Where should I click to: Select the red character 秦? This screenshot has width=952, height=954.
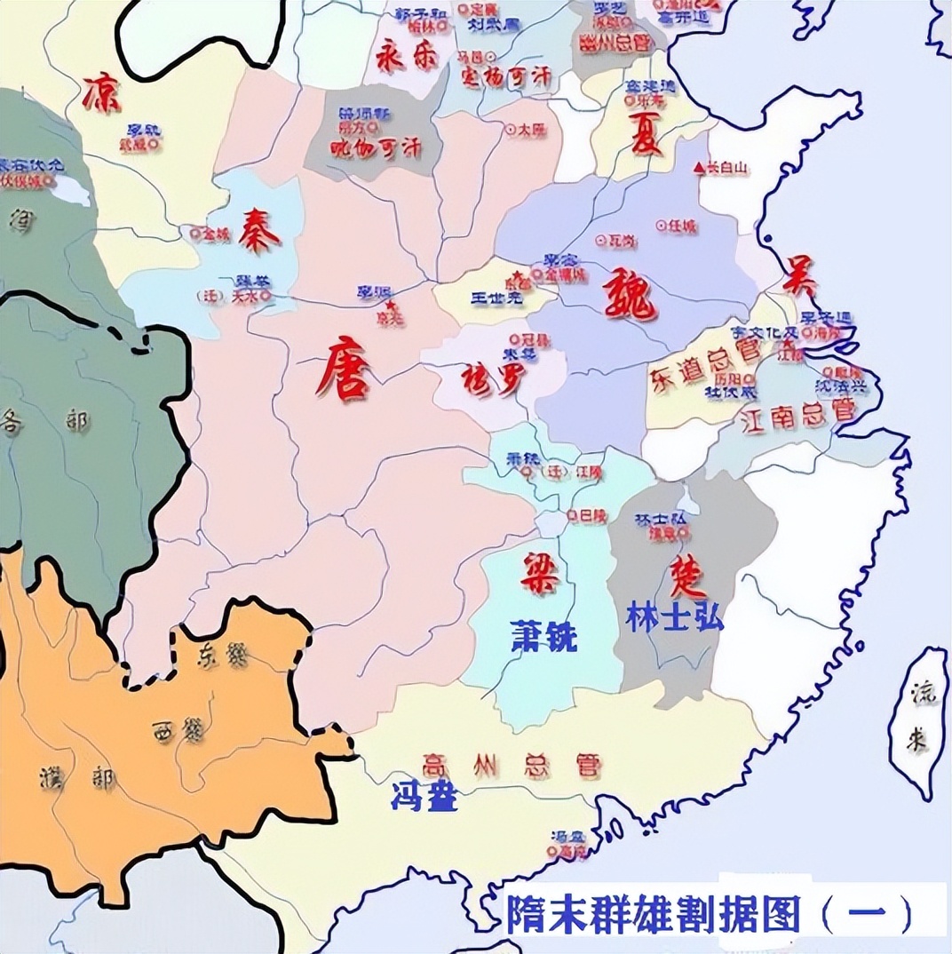261,232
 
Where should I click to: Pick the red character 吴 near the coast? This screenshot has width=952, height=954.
799,277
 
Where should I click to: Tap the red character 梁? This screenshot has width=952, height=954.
539,573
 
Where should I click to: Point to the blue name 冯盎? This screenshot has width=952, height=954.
424,797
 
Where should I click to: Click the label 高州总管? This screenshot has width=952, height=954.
512,765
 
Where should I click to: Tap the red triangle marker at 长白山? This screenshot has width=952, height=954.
699,167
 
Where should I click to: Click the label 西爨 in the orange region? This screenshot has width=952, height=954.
179,731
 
